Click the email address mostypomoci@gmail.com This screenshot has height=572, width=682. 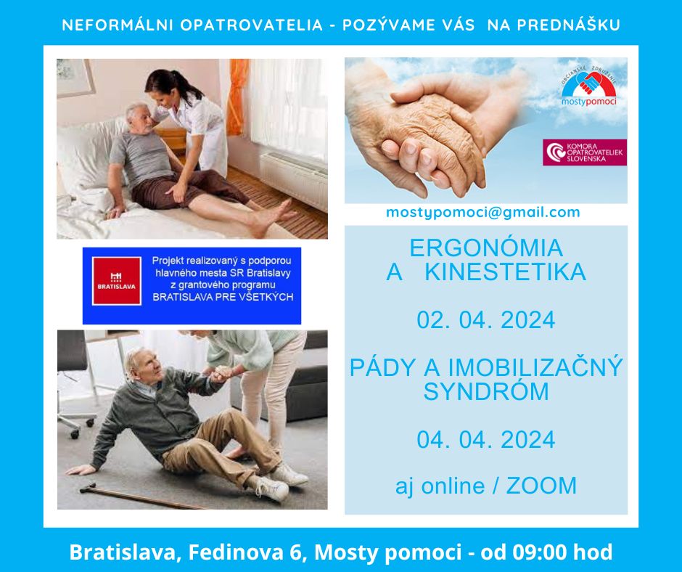(x=482, y=213)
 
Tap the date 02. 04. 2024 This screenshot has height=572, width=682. (x=486, y=320)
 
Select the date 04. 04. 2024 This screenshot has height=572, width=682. (x=486, y=439)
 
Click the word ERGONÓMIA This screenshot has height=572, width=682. (x=486, y=248)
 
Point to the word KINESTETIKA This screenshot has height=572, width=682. (x=506, y=272)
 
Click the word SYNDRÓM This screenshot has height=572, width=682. (x=486, y=391)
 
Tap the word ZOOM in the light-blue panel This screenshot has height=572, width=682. (x=541, y=486)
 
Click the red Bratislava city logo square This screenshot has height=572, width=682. (x=117, y=281)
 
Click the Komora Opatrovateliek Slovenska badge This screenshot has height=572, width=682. (x=585, y=152)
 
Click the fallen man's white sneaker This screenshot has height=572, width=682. (x=272, y=489)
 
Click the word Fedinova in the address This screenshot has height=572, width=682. (x=238, y=552)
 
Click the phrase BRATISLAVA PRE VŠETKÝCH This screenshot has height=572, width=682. (x=223, y=298)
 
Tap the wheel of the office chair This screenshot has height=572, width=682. (x=75, y=433)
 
